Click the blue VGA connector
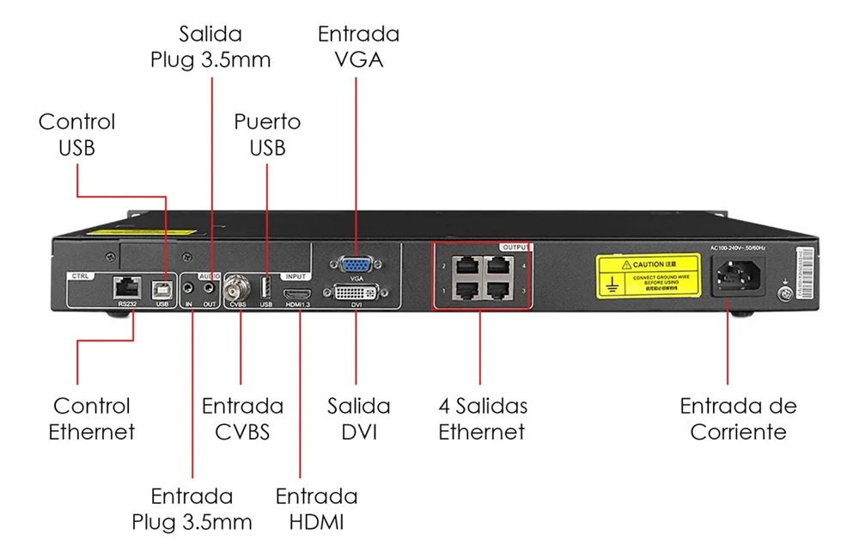click(354, 264)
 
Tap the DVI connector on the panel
click(355, 292)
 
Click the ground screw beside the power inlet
click(783, 294)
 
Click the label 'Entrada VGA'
click(358, 47)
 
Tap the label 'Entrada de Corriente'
click(738, 418)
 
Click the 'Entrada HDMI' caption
click(316, 508)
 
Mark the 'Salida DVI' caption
click(359, 418)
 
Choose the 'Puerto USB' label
click(267, 134)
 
